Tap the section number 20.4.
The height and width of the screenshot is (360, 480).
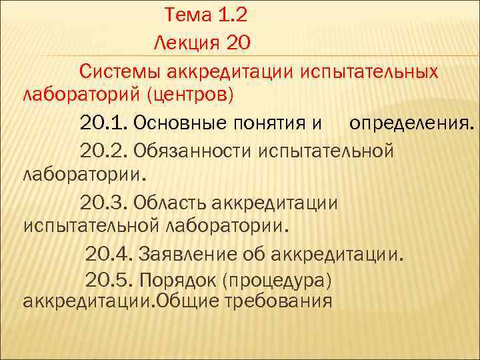coord(109,253)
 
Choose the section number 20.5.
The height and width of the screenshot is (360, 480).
coord(109,279)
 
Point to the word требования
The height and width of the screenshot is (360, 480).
coord(281,301)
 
